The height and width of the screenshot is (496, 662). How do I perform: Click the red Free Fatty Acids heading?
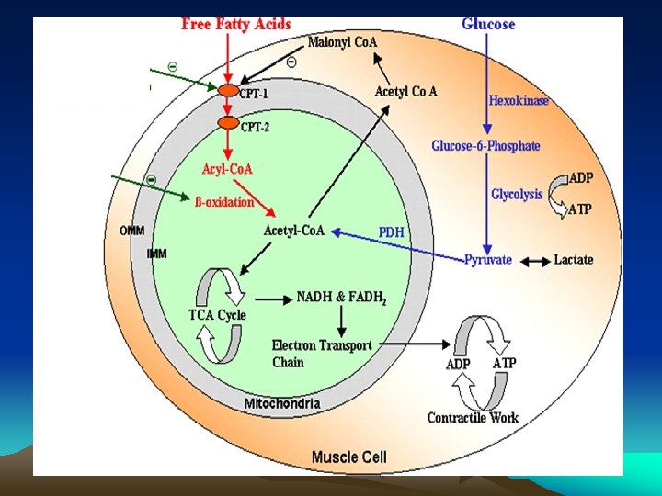point(235,25)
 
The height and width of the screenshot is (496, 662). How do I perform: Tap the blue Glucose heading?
point(488,25)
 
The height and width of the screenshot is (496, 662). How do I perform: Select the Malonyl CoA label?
point(342,42)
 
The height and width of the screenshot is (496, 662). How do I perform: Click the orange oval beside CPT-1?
point(227,90)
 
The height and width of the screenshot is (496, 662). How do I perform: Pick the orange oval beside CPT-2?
point(227,123)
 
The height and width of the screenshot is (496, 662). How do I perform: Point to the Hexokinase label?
point(519,100)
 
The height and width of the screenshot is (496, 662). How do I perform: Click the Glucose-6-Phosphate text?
point(485,146)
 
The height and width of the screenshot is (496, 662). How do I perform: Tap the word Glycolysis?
point(517,195)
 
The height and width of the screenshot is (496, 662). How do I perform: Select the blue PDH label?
point(391,232)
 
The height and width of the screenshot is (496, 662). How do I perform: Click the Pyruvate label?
point(487,260)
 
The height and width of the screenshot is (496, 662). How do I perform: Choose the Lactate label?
point(574,260)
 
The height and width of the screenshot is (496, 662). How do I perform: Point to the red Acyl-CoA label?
point(227,169)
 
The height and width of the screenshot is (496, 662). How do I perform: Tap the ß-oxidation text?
point(224,202)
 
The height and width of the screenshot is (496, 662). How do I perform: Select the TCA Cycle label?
point(217,315)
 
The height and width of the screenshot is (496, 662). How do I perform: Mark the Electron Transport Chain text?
point(321,353)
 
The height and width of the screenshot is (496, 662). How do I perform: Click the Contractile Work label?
point(473,418)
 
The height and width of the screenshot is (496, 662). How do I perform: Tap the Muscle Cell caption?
point(349,457)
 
